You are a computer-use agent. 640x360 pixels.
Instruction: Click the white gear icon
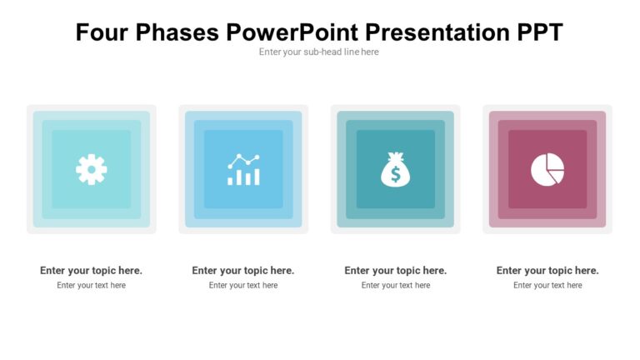tap(91, 169)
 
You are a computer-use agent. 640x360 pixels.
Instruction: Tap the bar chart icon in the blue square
tap(243, 169)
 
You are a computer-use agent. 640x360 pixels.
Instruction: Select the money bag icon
tap(395, 169)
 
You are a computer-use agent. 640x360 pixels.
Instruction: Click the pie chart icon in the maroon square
tap(547, 169)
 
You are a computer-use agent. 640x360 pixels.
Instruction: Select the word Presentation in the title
tap(438, 32)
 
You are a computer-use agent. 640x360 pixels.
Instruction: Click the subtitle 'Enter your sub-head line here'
tap(319, 52)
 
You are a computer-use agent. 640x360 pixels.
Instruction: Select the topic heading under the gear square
tap(91, 270)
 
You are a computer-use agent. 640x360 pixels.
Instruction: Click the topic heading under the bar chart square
tap(243, 270)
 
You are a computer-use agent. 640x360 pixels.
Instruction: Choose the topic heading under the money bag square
tap(395, 270)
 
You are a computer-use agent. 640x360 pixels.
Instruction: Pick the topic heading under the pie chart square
tap(547, 270)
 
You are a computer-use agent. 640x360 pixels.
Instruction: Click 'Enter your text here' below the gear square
tap(91, 285)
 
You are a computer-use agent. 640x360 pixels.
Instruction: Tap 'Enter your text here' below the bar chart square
tap(243, 285)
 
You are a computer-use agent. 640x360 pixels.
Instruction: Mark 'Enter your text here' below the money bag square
tap(395, 285)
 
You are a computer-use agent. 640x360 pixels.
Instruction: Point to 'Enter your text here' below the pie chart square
tap(547, 285)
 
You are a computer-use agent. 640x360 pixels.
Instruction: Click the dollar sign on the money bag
tap(395, 174)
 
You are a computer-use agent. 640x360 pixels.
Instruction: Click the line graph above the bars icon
tap(243, 159)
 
